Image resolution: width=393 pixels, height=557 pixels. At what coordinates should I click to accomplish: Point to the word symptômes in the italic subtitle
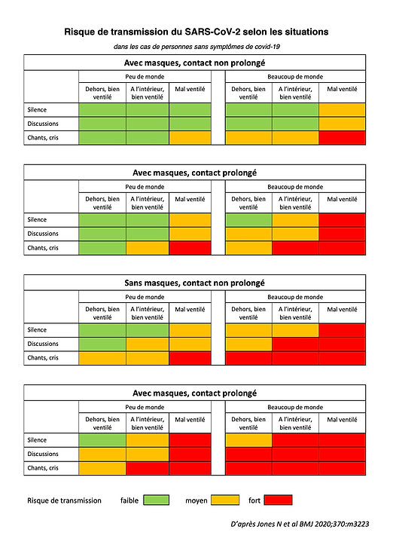tap(226, 47)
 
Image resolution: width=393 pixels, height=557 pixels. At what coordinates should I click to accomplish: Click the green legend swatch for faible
tap(157, 500)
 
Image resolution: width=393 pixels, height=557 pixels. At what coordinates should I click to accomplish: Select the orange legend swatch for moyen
tap(225, 500)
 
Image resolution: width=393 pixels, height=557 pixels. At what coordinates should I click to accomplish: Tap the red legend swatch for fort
tap(279, 500)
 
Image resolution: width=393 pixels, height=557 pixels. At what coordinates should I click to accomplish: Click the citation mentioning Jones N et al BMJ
tap(300, 524)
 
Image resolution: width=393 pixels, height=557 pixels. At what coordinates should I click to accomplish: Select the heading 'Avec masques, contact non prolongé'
tap(195, 63)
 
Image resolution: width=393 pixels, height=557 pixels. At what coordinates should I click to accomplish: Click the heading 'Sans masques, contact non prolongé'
tap(195, 283)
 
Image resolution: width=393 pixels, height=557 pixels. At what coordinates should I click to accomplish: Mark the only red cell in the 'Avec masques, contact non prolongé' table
tap(342, 138)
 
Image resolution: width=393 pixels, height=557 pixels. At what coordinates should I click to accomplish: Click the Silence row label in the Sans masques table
tap(37, 330)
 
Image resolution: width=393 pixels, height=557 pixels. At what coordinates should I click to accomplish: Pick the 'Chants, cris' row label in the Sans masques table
tap(43, 358)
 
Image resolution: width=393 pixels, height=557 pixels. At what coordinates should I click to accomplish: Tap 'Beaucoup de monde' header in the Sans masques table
tap(295, 297)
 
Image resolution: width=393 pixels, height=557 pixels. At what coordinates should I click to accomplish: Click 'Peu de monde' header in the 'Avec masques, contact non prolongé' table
tap(145, 77)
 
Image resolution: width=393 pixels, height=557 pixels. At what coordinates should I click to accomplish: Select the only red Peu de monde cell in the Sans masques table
tap(190, 358)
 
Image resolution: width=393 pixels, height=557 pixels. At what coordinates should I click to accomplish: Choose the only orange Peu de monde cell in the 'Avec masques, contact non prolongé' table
tap(190, 138)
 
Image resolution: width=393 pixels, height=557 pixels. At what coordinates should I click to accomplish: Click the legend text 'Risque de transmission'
tap(64, 500)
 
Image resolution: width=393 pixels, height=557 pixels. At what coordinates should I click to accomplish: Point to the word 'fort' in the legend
tap(254, 500)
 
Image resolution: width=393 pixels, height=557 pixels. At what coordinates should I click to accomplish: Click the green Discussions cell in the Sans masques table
tap(102, 344)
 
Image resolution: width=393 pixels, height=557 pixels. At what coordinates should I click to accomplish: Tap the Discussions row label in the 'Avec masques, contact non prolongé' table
tap(43, 124)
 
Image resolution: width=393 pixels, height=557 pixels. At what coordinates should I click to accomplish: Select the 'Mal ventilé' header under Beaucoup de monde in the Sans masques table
tap(342, 310)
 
